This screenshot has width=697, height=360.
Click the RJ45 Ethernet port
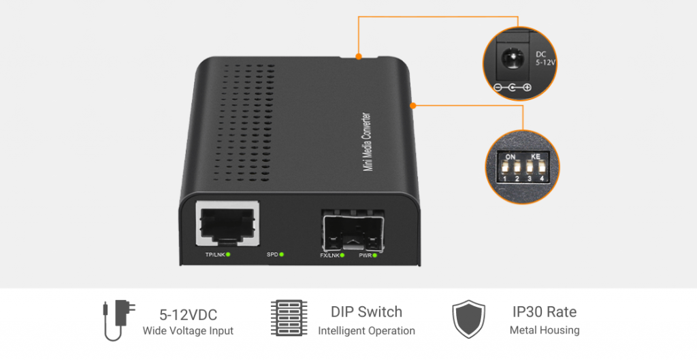pyautogui.click(x=227, y=223)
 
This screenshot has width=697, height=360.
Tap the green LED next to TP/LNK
pyautogui.click(x=228, y=255)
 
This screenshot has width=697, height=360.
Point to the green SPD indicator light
pyautogui.click(x=281, y=255)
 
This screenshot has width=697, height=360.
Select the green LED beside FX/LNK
pyautogui.click(x=342, y=255)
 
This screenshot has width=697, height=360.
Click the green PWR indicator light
pyautogui.click(x=375, y=255)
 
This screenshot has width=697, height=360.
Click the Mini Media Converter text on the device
pyautogui.click(x=367, y=142)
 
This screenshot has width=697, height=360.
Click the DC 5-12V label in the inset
pyautogui.click(x=545, y=59)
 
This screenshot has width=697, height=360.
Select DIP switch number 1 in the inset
pyautogui.click(x=505, y=167)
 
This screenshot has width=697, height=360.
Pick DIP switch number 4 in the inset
pyautogui.click(x=542, y=167)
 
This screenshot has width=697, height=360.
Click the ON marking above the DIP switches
pyautogui.click(x=510, y=157)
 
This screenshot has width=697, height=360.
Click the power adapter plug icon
pyautogui.click(x=118, y=320)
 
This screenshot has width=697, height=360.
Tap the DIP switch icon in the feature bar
pyautogui.click(x=289, y=317)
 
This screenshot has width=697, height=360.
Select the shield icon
pyautogui.click(x=468, y=319)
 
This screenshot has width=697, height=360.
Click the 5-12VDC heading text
pyautogui.click(x=188, y=314)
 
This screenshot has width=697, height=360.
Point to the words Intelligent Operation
pyautogui.click(x=366, y=331)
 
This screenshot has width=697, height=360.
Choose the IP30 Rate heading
pyautogui.click(x=545, y=312)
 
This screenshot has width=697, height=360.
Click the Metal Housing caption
pyautogui.click(x=545, y=330)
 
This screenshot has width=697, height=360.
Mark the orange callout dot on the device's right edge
pyautogui.click(x=413, y=105)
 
